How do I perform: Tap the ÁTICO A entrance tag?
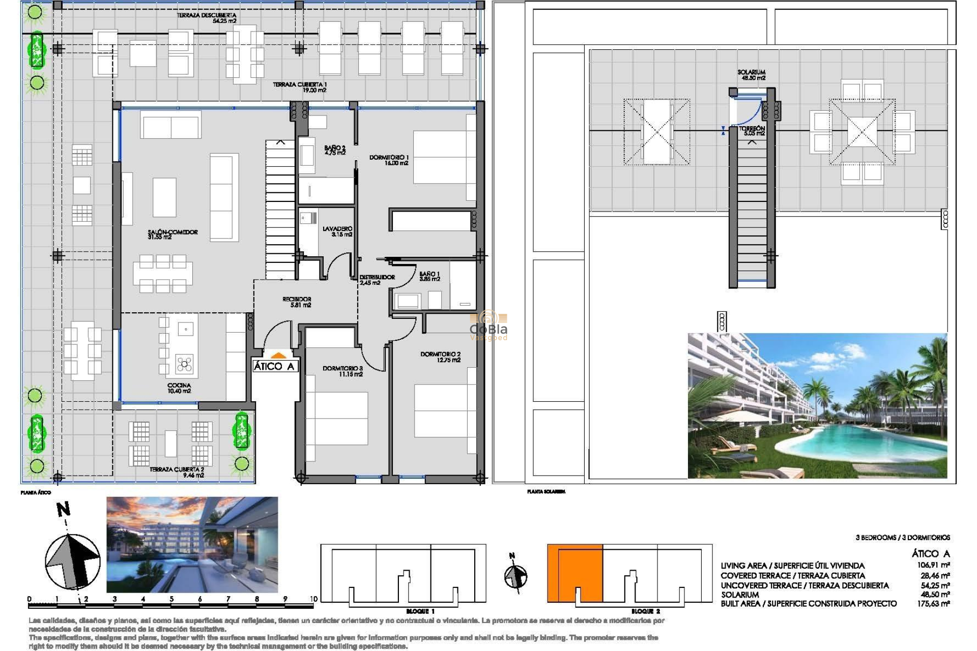tap(274, 366)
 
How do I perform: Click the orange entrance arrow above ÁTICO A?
tap(278, 356)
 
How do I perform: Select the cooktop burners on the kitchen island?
tap(184, 364)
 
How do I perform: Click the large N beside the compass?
tap(63, 509)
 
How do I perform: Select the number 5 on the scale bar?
tap(171, 599)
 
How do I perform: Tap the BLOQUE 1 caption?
tap(420, 611)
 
